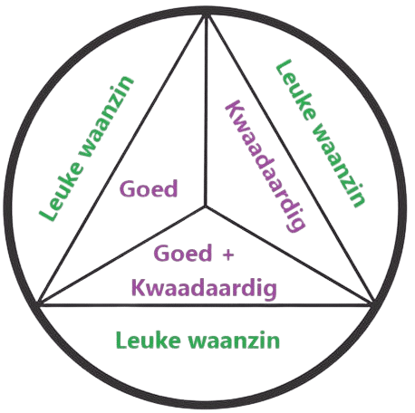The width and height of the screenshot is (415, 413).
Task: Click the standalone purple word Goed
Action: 149,188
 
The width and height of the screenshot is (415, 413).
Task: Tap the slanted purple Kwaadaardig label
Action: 265,167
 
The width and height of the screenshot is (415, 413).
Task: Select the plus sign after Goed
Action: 228,255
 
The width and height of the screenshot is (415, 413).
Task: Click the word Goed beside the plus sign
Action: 183,253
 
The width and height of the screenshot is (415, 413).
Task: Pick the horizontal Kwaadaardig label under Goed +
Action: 204,288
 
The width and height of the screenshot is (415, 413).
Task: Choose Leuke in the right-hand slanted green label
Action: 296,91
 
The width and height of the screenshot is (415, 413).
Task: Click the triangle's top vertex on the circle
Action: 207,15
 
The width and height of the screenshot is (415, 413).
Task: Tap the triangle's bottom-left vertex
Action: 39,303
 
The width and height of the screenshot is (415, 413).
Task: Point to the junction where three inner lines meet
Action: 206,207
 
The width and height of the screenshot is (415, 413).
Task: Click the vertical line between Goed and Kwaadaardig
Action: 207,111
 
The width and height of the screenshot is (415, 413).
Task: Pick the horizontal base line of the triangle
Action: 206,306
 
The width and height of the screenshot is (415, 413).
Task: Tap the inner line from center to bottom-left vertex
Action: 122,255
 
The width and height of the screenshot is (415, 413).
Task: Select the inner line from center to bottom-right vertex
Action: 289,255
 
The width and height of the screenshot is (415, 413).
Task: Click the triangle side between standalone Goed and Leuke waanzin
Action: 122,159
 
